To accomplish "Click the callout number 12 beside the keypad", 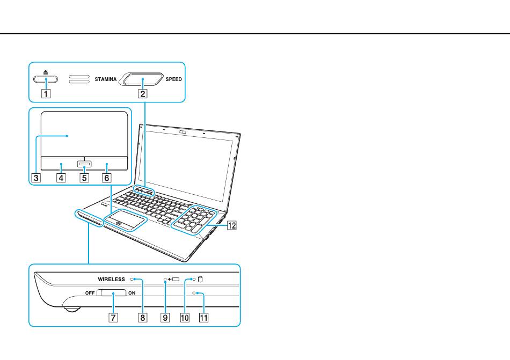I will point(231,226).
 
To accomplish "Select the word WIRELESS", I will point(111,280).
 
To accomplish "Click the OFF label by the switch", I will point(90,293).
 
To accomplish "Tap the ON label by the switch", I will point(132,293).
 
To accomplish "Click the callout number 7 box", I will point(112,317).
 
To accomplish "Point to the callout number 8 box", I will point(142,317).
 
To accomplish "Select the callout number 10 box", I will point(185,317).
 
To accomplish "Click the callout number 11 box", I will point(203,317).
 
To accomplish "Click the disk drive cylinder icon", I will point(201,280).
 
